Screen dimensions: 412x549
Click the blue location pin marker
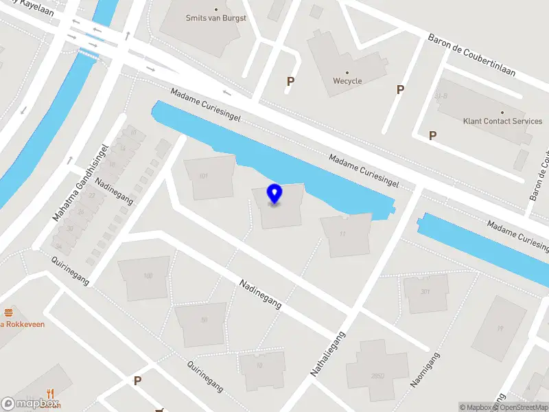pos(274,194)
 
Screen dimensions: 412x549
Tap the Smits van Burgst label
pos(216,19)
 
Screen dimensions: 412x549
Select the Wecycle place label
pos(347,80)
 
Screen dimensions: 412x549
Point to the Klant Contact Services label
pos(502,121)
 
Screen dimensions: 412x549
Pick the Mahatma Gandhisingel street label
pos(81,183)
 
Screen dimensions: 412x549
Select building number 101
pos(203,176)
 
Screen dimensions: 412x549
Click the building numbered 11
pos(342,234)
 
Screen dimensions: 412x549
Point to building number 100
pos(148,276)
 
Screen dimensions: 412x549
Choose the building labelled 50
pos(204,320)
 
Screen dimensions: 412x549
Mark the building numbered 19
pos(500,328)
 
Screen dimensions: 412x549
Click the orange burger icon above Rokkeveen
pos(9,312)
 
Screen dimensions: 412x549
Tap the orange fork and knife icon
pos(50,393)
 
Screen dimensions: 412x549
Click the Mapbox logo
pos(30,404)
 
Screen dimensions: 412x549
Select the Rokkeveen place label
pos(25,324)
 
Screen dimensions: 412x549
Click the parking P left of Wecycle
pos(290,82)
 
